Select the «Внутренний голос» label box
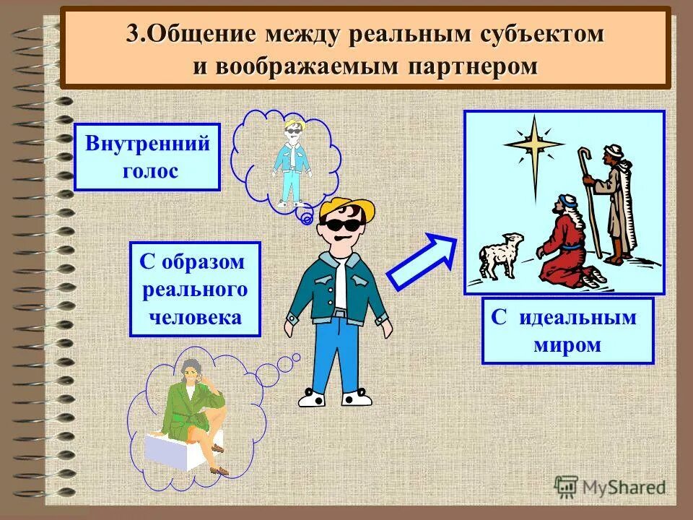coord(147,157)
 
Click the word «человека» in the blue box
coord(196,316)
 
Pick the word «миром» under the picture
coord(567,344)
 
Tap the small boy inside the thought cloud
coord(292,162)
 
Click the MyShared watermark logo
coord(610,486)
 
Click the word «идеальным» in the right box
coord(577,317)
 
